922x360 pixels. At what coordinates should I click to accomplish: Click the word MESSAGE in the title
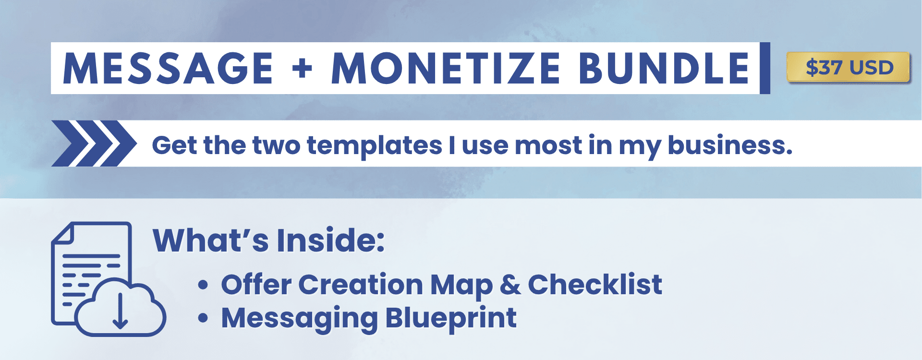[x=168, y=69]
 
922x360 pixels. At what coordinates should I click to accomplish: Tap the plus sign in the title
[x=302, y=69]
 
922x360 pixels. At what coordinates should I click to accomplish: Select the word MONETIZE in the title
[x=446, y=69]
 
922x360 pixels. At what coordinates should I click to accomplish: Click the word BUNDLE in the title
[x=664, y=69]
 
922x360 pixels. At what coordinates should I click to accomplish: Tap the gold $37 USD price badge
[x=849, y=67]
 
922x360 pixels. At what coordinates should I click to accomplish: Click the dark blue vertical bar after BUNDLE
[x=765, y=68]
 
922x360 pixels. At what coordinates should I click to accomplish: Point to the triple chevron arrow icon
[x=94, y=144]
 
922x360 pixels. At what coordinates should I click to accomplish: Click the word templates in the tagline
[x=375, y=145]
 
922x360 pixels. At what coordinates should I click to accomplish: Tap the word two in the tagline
[x=276, y=145]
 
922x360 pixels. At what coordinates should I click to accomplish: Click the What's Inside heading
[x=268, y=240]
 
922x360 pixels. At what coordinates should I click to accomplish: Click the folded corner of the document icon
[x=62, y=233]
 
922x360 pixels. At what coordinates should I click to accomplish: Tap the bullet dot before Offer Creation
[x=203, y=285]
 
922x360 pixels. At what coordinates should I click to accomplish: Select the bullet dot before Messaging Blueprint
[x=203, y=318]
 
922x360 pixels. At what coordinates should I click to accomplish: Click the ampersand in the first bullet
[x=510, y=285]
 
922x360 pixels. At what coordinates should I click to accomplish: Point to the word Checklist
[x=595, y=284]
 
